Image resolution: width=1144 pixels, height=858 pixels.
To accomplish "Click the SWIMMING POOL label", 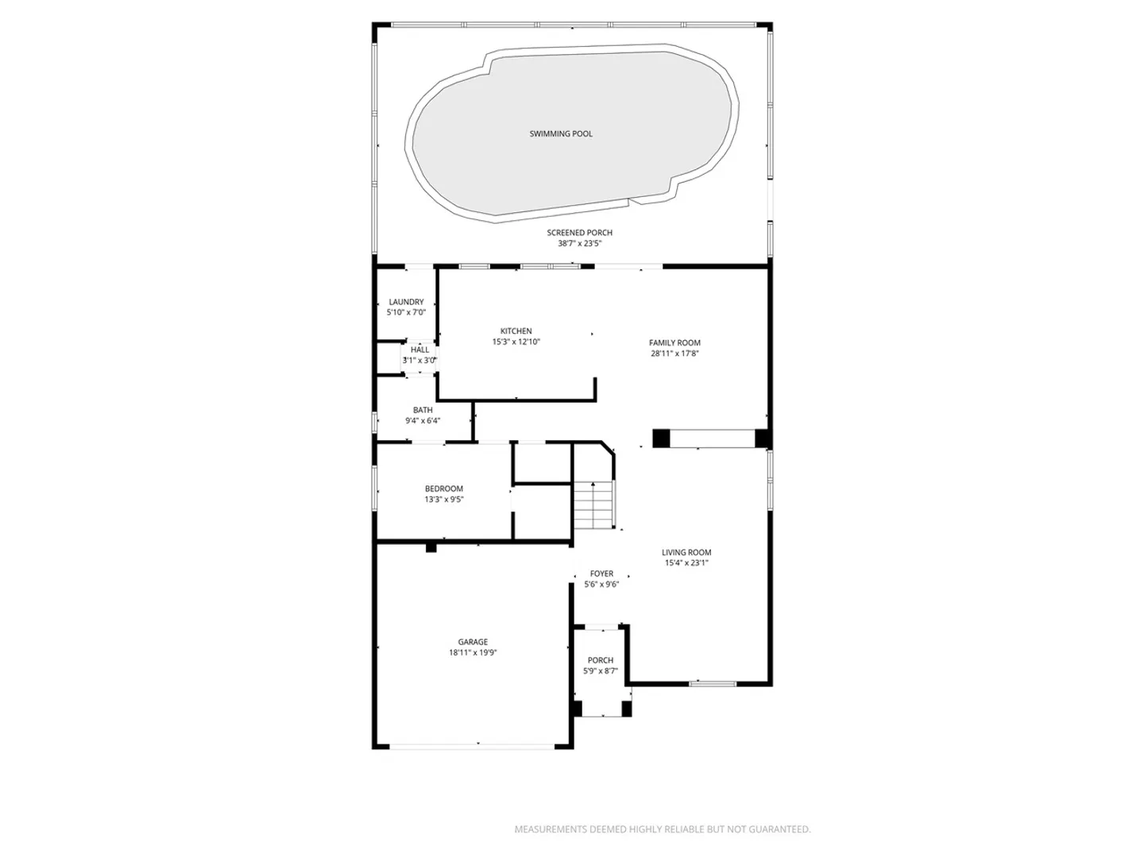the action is coord(561,134).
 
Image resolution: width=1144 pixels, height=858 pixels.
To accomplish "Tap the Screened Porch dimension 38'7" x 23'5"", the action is coord(580,243).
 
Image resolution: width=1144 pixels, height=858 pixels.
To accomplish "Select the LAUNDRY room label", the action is coord(406,302).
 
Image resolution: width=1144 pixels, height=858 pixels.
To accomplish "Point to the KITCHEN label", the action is coord(516,330).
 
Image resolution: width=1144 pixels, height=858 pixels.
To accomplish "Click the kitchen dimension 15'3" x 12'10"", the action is coord(516,342).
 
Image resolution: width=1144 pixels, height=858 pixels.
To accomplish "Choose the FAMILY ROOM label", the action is coord(674,342).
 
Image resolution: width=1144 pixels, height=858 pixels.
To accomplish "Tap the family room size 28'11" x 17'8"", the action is coord(674,354).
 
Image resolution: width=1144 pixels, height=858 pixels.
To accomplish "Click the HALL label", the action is coord(419,350).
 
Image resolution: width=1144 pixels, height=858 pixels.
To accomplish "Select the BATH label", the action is coord(423,410).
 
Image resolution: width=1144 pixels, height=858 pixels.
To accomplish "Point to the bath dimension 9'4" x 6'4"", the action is coord(423,420).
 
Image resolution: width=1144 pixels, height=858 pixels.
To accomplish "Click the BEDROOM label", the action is coord(444,489).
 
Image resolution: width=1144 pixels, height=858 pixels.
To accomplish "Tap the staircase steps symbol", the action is coord(594,504).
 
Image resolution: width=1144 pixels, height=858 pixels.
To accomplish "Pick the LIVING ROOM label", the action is coord(686,552).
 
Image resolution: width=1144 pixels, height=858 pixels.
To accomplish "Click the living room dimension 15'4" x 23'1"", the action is coord(686,562).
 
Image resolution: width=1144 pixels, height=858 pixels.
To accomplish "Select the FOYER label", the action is coord(601,574).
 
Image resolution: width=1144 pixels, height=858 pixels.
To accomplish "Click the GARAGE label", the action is coord(473,642).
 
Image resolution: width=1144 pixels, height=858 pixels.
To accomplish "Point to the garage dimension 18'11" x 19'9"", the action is coord(473,652).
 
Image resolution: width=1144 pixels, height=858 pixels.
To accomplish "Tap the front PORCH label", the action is coord(601,660).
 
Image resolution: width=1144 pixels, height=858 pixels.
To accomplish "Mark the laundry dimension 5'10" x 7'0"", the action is coord(406,312).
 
